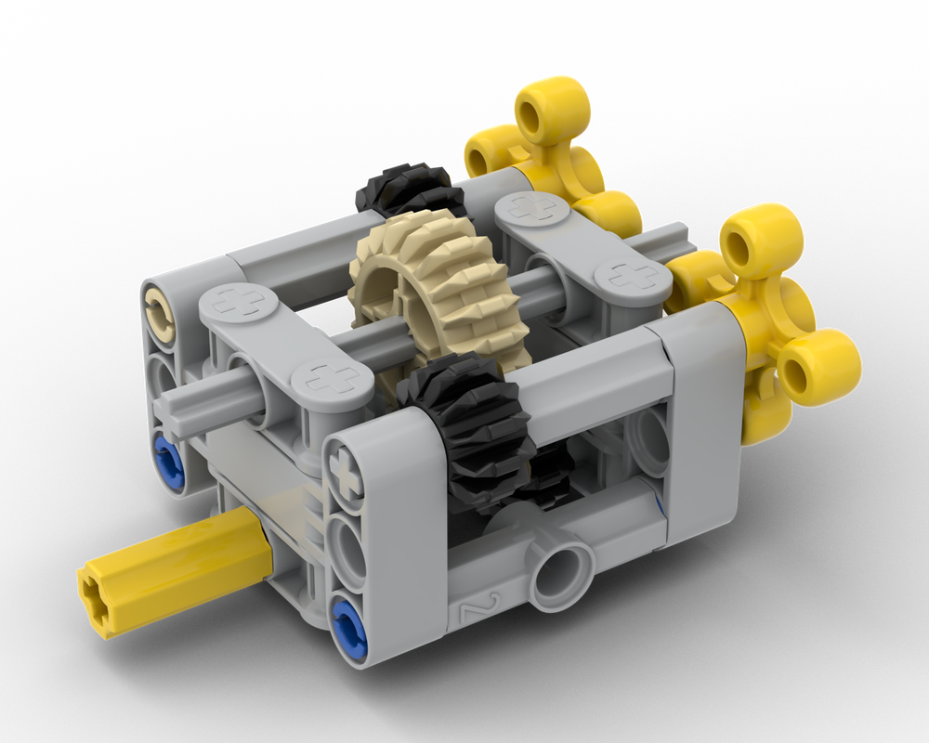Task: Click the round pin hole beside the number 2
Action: (559, 567)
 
